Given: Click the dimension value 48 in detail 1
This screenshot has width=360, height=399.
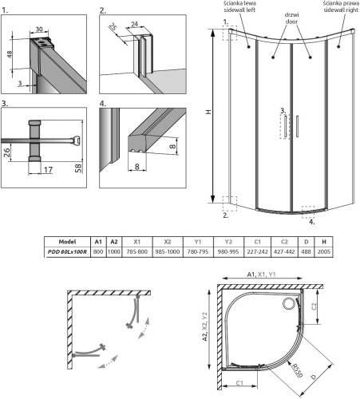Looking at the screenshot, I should click(9, 55).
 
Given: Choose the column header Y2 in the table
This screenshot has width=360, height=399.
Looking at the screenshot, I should click(228, 241).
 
